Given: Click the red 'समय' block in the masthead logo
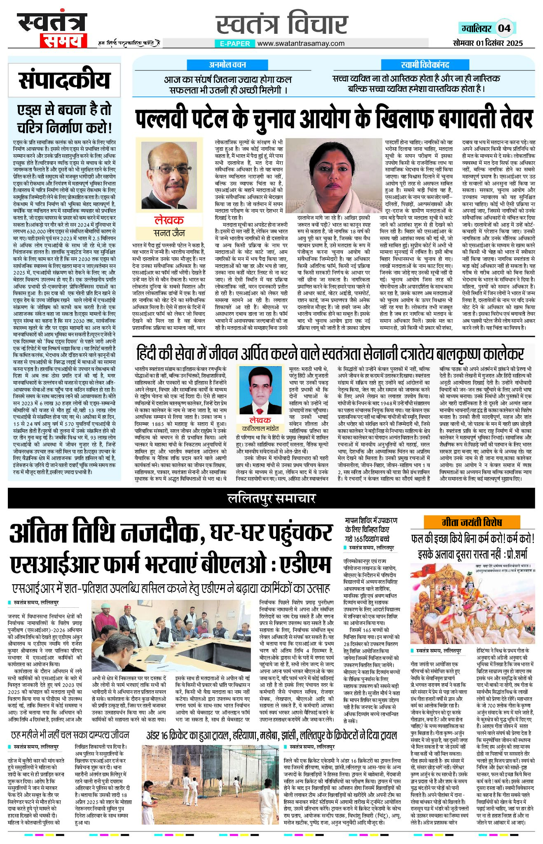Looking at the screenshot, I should [x=63, y=40].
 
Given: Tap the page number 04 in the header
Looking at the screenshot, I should [x=504, y=28].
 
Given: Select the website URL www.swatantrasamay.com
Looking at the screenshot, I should [x=301, y=43].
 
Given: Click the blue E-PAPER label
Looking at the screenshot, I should [x=235, y=43].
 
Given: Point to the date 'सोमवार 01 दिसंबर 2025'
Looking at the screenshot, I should [x=487, y=43].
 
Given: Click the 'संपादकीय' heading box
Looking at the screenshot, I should [x=64, y=80].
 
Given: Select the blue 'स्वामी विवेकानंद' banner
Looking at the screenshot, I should [x=425, y=65].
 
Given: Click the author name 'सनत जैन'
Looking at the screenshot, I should [x=169, y=233].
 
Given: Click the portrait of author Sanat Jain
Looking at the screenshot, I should [x=169, y=175].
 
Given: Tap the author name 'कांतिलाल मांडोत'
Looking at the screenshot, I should [x=260, y=428].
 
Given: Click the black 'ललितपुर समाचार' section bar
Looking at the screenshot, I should [x=271, y=498].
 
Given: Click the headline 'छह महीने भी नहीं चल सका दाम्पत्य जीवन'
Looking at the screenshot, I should [x=70, y=735].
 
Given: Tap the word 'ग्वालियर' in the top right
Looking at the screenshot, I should [x=476, y=28].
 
